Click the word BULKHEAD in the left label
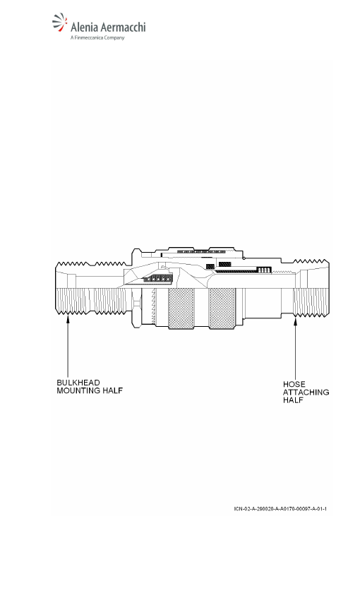(78, 383)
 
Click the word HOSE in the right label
(294, 384)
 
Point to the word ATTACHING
(306, 392)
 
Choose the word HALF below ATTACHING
(294, 400)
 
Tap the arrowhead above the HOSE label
(295, 323)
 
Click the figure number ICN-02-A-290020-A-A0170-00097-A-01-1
(280, 509)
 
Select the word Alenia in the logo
(85, 28)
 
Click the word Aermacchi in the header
(124, 28)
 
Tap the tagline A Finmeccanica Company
(97, 38)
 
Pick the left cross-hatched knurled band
(181, 308)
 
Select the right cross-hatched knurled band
(222, 308)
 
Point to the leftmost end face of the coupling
(56, 288)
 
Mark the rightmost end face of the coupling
(328, 288)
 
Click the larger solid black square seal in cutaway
(225, 264)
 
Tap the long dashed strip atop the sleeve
(201, 252)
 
